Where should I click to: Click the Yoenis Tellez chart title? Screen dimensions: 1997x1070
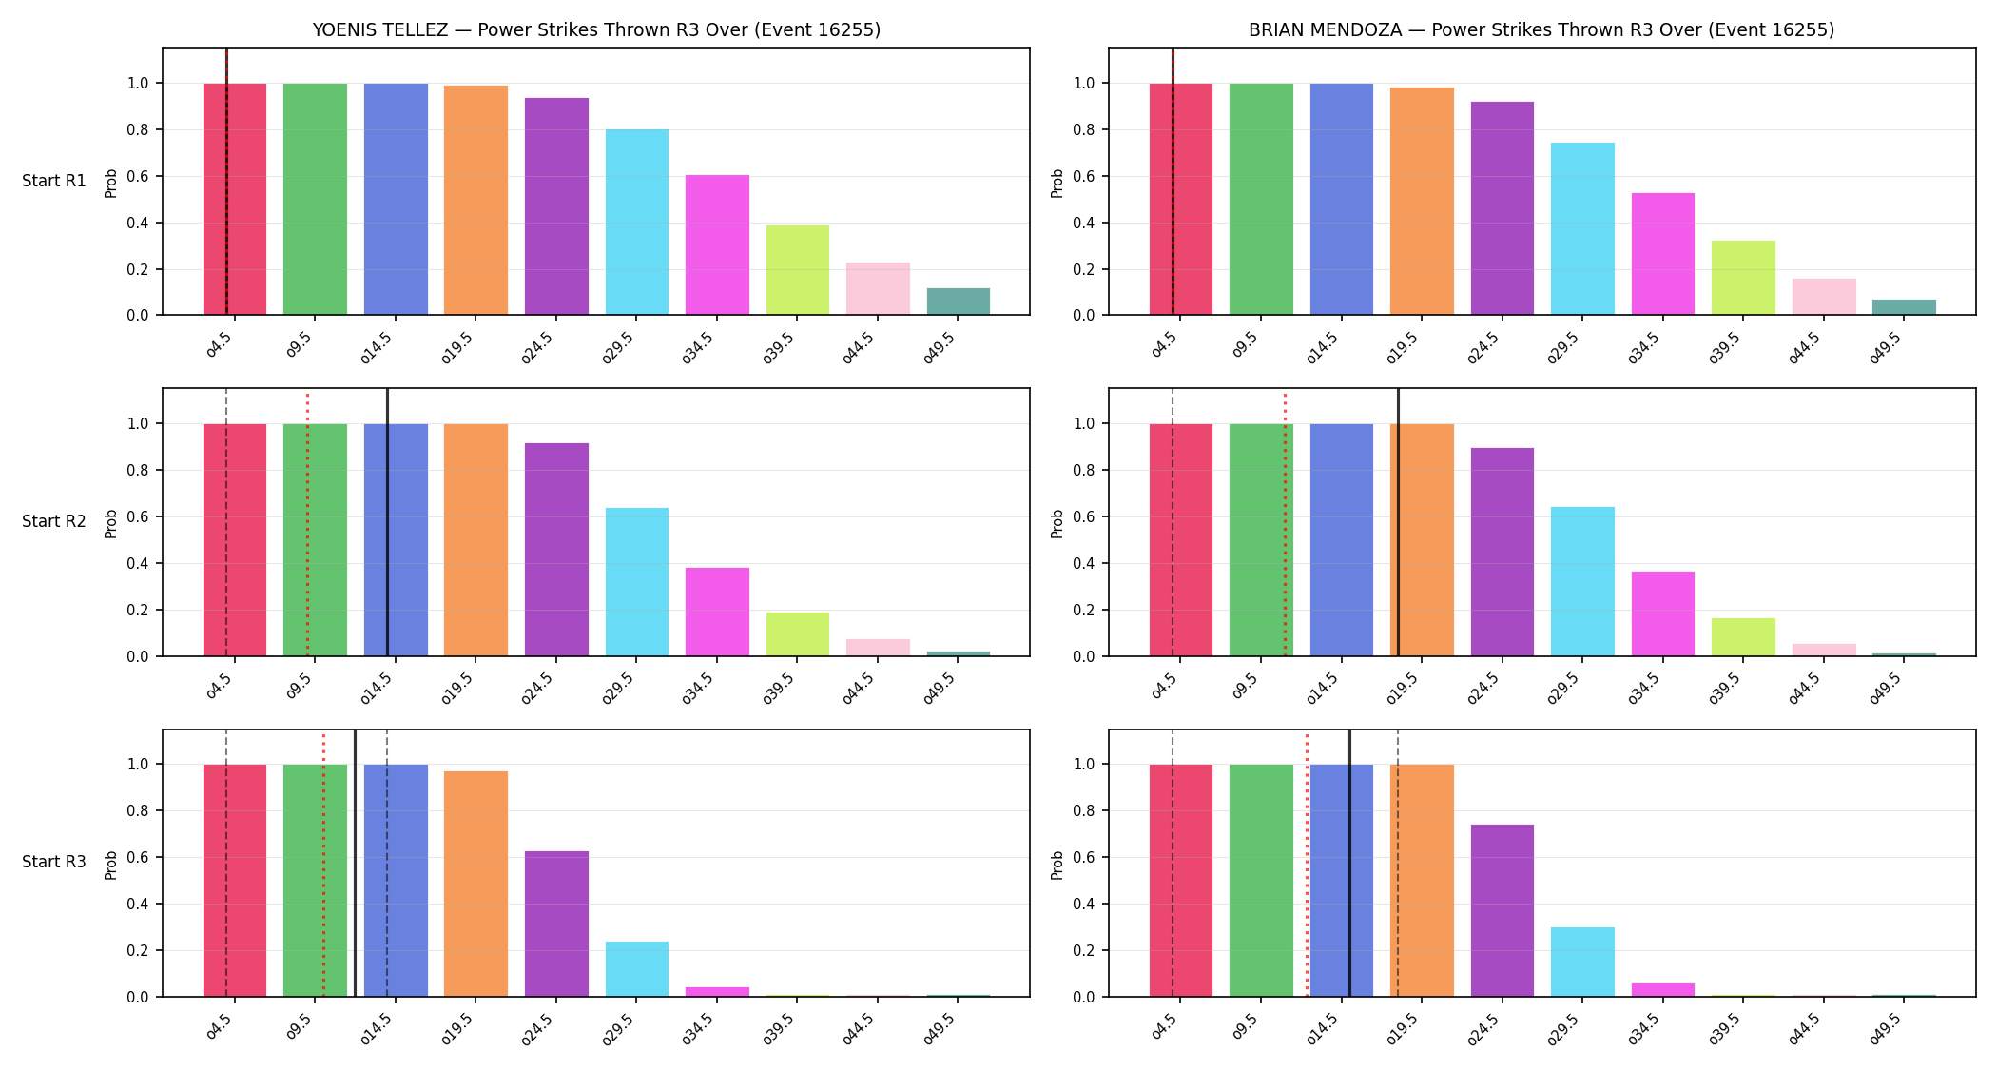tap(596, 29)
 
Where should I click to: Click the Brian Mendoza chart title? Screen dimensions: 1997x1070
tap(1541, 29)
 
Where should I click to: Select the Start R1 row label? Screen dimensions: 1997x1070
tap(54, 181)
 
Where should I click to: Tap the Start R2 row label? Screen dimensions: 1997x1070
tap(54, 521)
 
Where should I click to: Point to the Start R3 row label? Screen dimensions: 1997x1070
tap(54, 862)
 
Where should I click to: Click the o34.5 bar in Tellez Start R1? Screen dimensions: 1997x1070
tap(717, 244)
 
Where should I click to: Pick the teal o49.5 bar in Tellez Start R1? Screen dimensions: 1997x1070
tap(959, 302)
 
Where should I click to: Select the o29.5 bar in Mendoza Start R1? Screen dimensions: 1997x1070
tap(1582, 228)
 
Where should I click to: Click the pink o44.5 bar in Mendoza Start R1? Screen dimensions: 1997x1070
tap(1824, 297)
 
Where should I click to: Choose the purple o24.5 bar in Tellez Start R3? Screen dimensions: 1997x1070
tap(556, 924)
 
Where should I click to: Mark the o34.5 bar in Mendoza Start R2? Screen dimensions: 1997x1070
tap(1663, 613)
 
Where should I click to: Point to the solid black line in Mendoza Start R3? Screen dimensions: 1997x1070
tap(1349, 863)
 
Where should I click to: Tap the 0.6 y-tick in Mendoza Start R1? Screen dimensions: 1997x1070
tap(1084, 177)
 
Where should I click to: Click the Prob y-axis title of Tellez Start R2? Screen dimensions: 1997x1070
tap(111, 523)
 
